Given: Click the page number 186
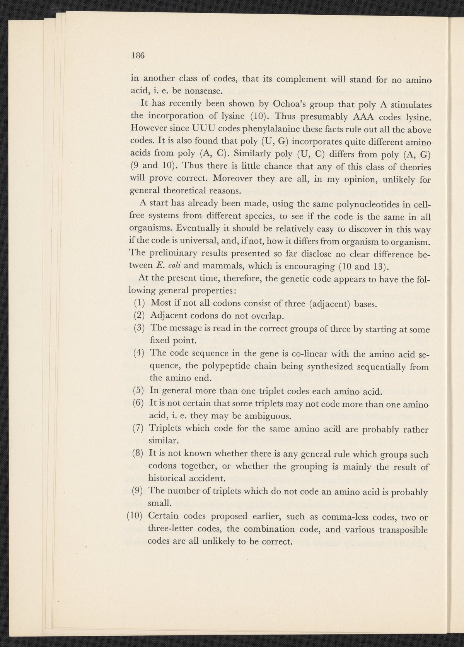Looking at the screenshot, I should click(x=138, y=55).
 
